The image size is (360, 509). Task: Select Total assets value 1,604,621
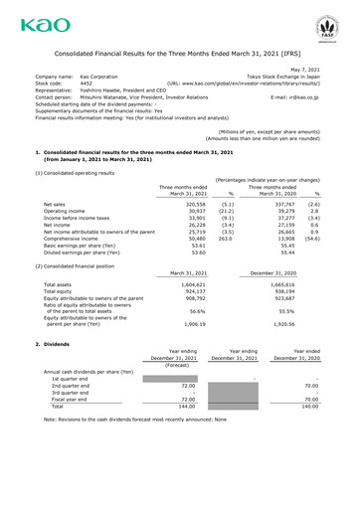click(x=198, y=311)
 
